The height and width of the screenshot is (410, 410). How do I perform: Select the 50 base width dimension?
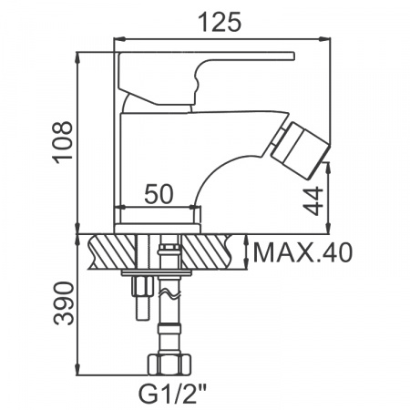[160, 193]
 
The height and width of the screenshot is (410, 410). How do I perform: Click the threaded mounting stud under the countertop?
[142, 292]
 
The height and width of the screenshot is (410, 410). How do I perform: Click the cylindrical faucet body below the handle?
[155, 150]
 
